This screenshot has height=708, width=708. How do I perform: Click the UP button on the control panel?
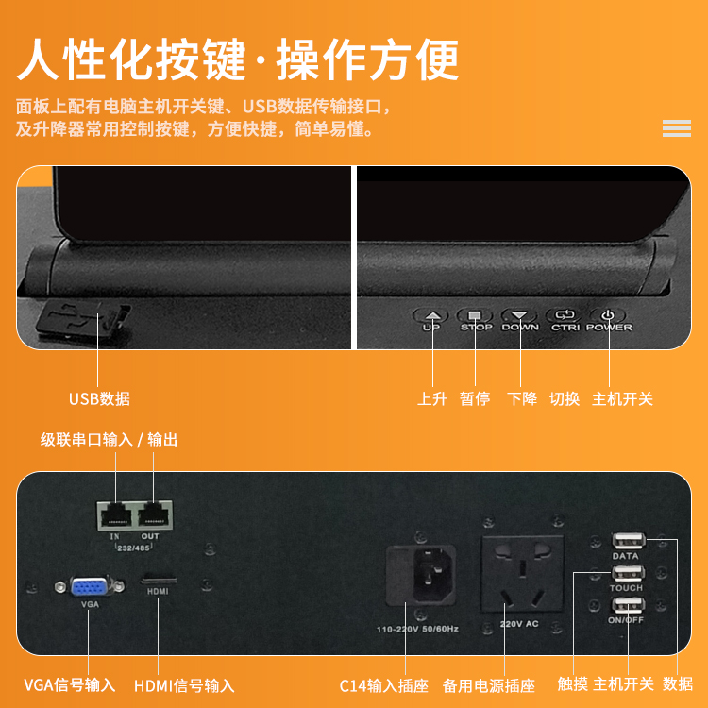pyautogui.click(x=432, y=315)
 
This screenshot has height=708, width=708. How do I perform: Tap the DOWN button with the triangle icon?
pyautogui.click(x=520, y=315)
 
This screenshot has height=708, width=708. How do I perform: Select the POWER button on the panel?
pyautogui.click(x=608, y=315)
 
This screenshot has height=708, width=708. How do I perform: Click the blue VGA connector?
pyautogui.click(x=90, y=587)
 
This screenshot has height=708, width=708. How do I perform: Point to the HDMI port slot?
pyautogui.click(x=159, y=580)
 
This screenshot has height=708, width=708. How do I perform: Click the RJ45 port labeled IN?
pyautogui.click(x=115, y=515)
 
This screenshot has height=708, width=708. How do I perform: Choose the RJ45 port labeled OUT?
pyautogui.click(x=154, y=515)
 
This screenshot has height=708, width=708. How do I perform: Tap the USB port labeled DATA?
pyautogui.click(x=629, y=541)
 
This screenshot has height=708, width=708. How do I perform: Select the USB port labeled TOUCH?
pyautogui.click(x=628, y=573)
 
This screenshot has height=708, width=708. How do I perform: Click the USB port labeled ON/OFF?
pyautogui.click(x=628, y=605)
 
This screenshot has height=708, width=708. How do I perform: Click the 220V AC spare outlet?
pyautogui.click(x=522, y=573)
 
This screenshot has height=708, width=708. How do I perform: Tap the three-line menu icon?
pyautogui.click(x=677, y=128)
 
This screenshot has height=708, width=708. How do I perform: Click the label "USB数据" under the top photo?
pyautogui.click(x=99, y=398)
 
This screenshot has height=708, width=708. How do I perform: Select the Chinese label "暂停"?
pyautogui.click(x=475, y=398)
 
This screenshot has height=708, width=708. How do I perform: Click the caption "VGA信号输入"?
pyautogui.click(x=70, y=685)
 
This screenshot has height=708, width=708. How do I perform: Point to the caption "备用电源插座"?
pyautogui.click(x=489, y=685)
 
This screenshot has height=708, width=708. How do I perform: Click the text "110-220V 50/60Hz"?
pyautogui.click(x=417, y=629)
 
